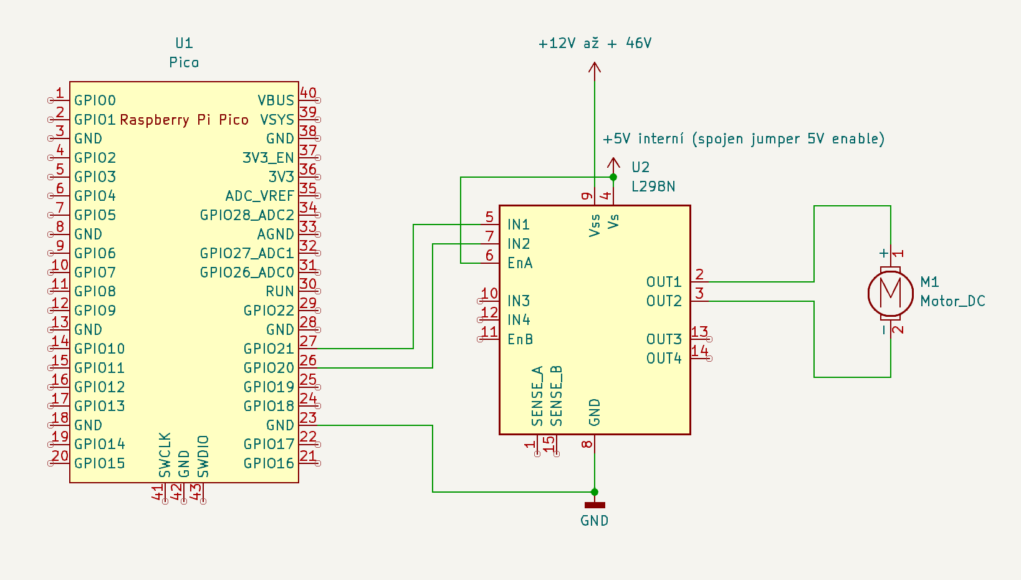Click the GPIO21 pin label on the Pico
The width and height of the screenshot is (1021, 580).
coord(268,349)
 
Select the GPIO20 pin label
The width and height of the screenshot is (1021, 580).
coord(268,368)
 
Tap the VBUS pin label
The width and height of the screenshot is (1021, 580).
coord(276,100)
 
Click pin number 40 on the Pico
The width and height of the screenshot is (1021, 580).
coord(308,93)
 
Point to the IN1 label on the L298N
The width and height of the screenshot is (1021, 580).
coord(518,225)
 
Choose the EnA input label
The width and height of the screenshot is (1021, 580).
coord(519,263)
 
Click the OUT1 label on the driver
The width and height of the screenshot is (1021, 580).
coord(664,282)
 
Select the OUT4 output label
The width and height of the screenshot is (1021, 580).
coord(664,359)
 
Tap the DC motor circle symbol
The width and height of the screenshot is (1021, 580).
coord(890,292)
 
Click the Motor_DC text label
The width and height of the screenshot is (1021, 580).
coord(952,301)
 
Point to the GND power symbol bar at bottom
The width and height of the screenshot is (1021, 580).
coord(594,505)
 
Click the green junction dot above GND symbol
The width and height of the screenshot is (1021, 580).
coord(594,492)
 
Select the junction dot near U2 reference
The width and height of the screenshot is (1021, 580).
coord(613,177)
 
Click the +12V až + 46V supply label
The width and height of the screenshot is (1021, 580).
coord(595,43)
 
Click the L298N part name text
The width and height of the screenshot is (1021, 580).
coord(653,186)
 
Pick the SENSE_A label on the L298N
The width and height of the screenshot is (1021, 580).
coord(537,396)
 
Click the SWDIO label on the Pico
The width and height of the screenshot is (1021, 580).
coord(203,457)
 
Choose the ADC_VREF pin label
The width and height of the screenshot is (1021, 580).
coord(259,196)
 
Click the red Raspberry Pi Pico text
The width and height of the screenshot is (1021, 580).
coord(184,120)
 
